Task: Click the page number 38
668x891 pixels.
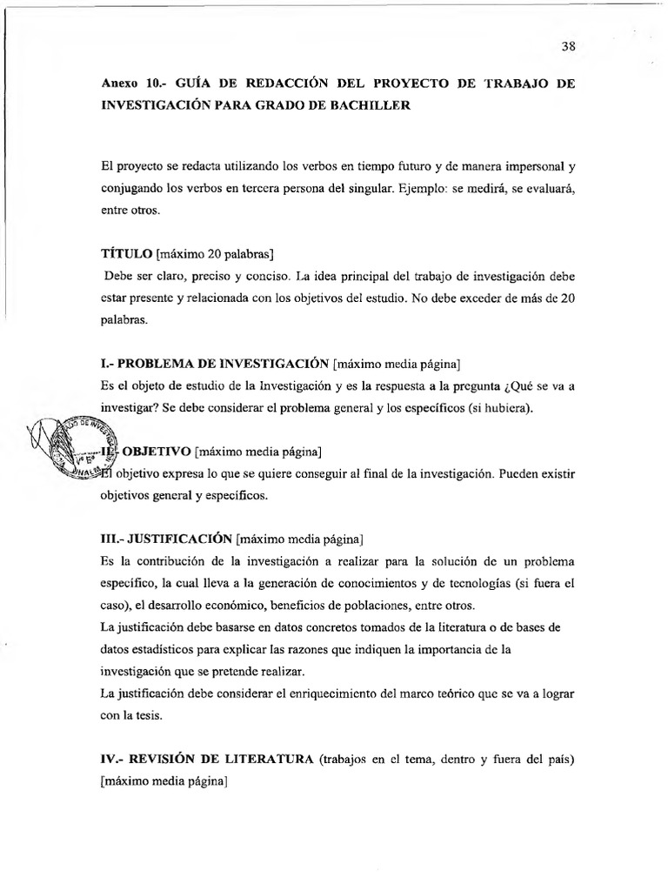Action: pos(569,47)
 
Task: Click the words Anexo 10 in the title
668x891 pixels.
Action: pos(130,84)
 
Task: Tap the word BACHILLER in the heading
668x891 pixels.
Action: pos(389,105)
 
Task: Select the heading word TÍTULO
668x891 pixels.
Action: pos(126,254)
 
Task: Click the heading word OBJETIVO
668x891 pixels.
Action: pos(155,452)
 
